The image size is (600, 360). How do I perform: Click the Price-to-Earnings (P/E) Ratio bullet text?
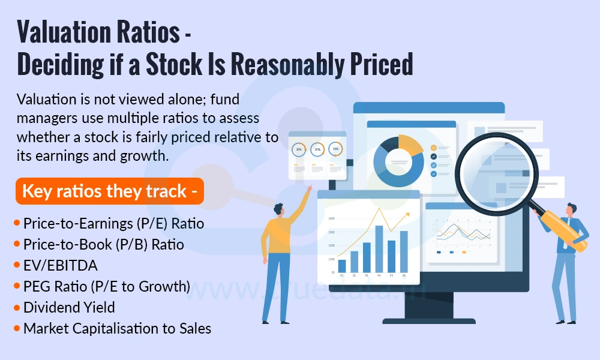113,224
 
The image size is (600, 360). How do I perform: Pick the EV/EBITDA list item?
60,265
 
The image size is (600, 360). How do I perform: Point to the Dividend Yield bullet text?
69,307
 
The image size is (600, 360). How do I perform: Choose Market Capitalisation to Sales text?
117,328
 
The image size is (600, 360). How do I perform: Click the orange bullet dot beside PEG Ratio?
17,286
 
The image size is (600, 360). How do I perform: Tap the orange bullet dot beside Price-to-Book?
17,244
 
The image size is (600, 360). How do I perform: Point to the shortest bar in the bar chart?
342,266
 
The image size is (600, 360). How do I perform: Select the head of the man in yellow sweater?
279,209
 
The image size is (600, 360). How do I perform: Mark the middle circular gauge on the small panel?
318,149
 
